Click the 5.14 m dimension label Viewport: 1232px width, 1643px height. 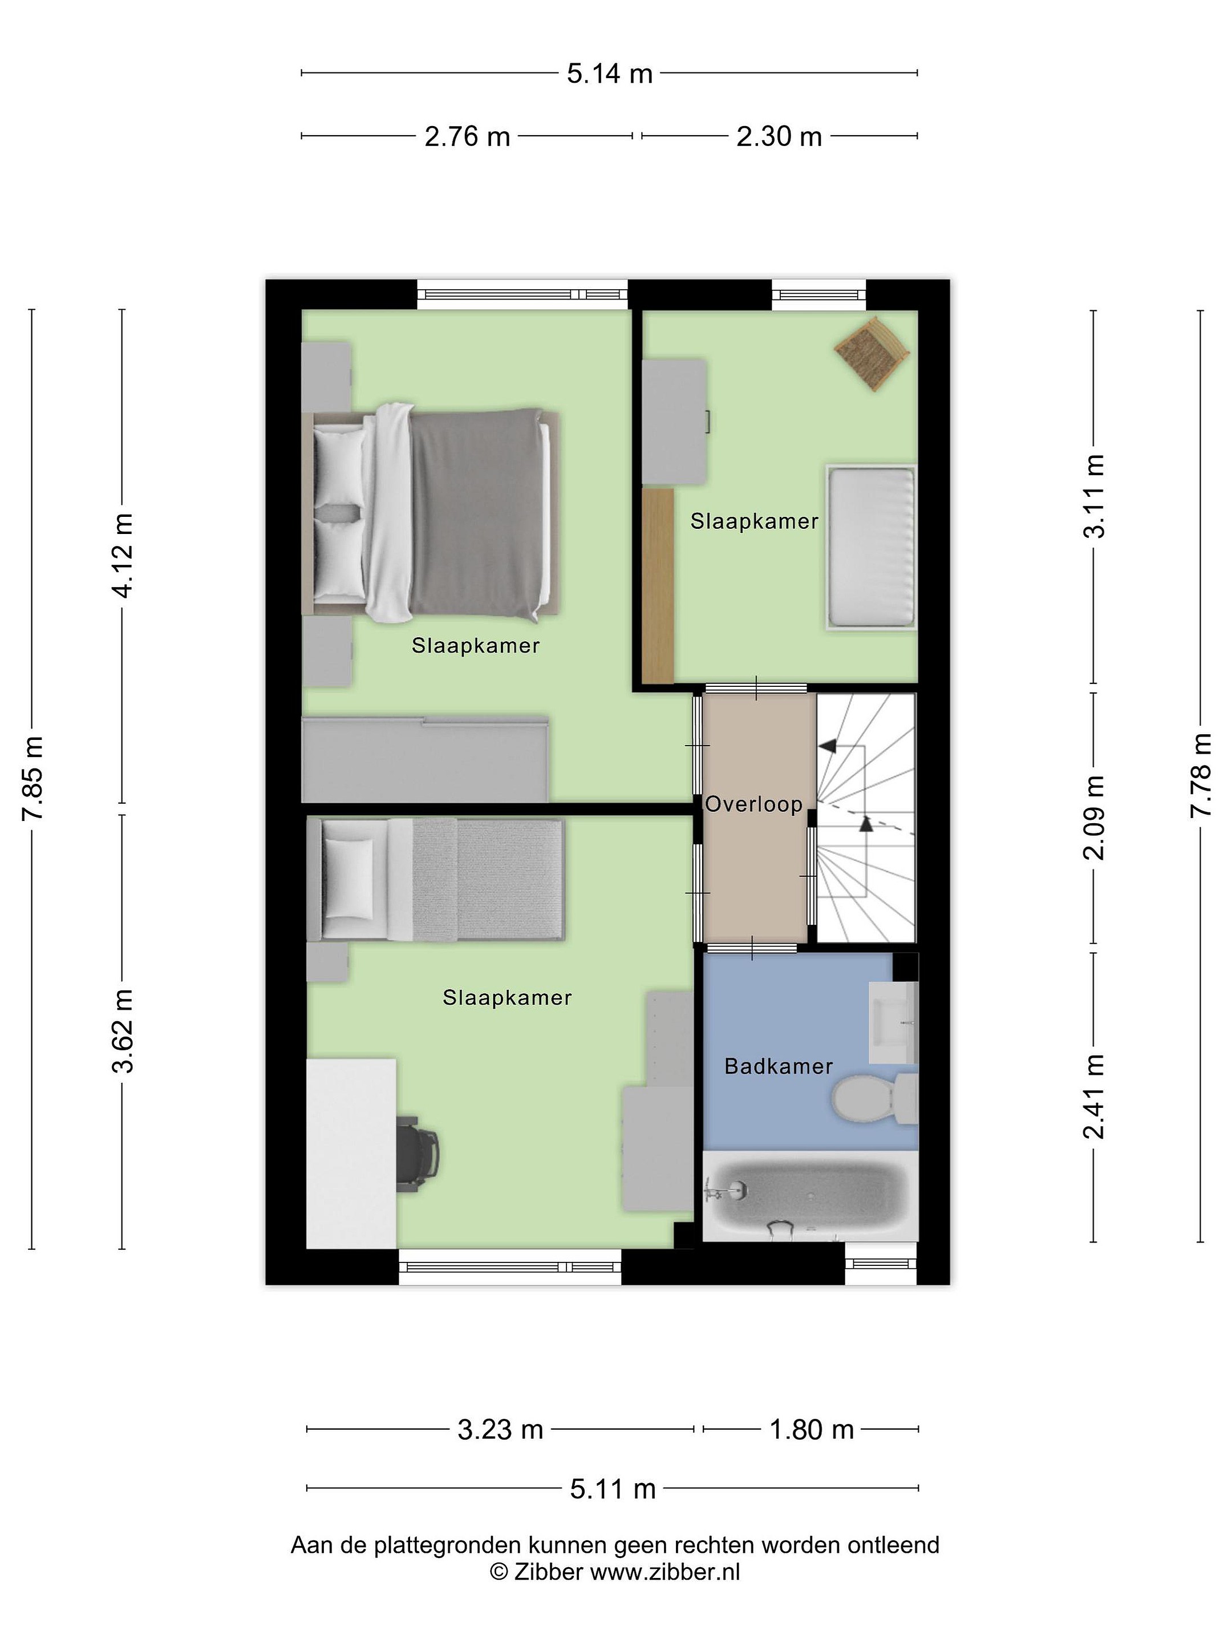coord(609,74)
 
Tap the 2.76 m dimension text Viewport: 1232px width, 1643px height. coord(467,137)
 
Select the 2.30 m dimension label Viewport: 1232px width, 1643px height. coord(779,137)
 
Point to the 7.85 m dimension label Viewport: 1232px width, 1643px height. coord(32,778)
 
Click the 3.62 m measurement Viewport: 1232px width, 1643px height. coord(122,1031)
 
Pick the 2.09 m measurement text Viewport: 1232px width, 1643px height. coord(1094,817)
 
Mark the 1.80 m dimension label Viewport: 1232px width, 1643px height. coord(811,1429)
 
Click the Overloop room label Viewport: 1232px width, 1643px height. coord(754,804)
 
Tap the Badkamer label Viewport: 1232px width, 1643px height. coord(778,1067)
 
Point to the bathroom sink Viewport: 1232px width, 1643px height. coord(893,1023)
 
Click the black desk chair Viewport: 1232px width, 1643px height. coord(418,1154)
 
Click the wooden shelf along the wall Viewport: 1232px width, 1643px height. coord(658,585)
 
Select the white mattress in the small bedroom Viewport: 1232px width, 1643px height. coord(871,548)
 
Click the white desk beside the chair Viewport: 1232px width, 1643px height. coord(351,1153)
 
